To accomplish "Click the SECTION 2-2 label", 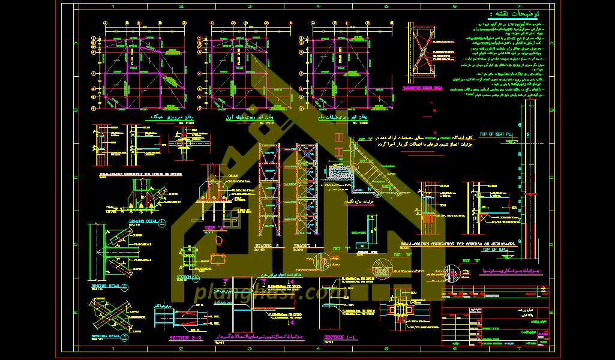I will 186,338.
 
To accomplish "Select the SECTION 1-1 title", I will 340,338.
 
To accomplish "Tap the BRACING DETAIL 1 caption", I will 139,221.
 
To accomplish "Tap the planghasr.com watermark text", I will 264,293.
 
